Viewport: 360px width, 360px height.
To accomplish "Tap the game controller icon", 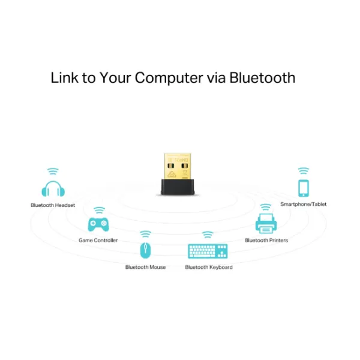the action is [x=98, y=224].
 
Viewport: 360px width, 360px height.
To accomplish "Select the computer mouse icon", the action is [x=145, y=250].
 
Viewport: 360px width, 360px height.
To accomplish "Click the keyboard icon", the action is [x=208, y=251].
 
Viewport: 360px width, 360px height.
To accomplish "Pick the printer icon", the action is [x=266, y=223].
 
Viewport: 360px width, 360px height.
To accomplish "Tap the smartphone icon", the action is [x=304, y=188].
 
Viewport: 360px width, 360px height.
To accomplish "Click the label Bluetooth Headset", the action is [x=53, y=205].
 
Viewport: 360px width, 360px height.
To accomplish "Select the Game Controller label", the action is [x=98, y=240].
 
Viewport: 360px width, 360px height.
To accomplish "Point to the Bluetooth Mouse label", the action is [x=145, y=267].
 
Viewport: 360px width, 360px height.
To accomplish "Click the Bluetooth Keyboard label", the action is [x=209, y=267].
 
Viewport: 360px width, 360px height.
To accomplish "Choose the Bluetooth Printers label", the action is [x=266, y=240].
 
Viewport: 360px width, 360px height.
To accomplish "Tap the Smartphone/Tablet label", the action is [x=303, y=204].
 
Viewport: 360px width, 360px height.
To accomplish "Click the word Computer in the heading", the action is [x=169, y=78].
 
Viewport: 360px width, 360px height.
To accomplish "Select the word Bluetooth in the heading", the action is [x=262, y=77].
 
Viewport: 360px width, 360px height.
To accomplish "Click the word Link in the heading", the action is [x=65, y=77].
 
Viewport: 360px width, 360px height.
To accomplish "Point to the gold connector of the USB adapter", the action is [x=178, y=166].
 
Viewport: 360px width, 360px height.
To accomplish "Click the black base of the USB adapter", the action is [x=178, y=187].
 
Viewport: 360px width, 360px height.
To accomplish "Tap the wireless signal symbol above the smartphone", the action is [x=304, y=171].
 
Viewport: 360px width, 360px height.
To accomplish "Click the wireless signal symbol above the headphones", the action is [x=53, y=171].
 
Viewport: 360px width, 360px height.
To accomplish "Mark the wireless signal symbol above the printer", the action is [x=266, y=207].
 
